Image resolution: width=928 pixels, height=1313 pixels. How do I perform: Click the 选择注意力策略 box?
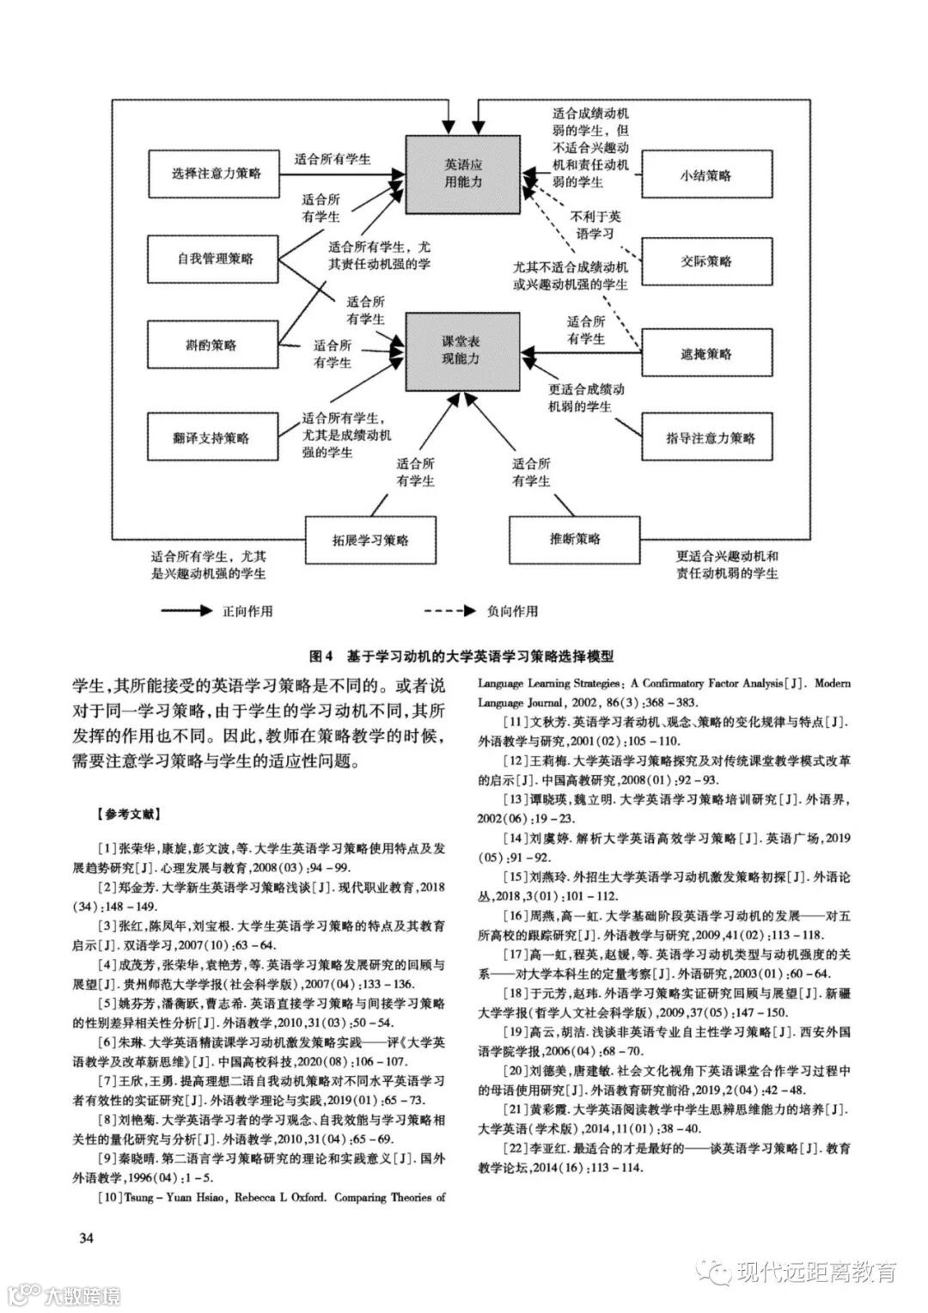(215, 174)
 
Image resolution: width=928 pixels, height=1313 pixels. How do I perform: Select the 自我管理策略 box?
(215, 259)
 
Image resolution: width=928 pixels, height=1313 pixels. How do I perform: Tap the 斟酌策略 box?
(215, 345)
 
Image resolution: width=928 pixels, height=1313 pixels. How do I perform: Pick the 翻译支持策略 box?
(215, 437)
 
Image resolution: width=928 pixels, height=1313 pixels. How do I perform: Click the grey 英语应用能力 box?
(463, 174)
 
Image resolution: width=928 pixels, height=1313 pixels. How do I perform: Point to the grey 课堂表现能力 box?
(463, 351)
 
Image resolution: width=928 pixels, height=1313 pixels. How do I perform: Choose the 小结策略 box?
(705, 175)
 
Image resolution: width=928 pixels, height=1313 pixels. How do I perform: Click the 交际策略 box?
(705, 261)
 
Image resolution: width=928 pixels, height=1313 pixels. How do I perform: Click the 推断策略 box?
(575, 540)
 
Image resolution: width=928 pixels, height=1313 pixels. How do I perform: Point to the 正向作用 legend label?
(247, 612)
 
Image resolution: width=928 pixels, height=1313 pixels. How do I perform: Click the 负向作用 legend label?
(512, 612)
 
